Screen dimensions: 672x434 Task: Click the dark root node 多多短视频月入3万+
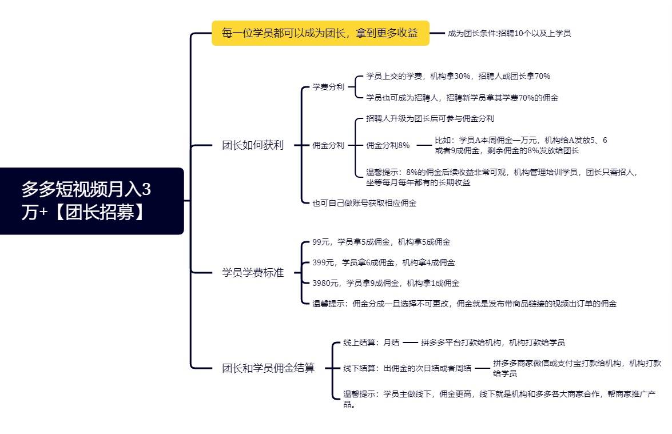pos(92,201)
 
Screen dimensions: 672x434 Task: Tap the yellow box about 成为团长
pos(321,33)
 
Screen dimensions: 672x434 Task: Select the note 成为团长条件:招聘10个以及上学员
pos(509,33)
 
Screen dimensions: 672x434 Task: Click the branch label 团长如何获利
pos(253,145)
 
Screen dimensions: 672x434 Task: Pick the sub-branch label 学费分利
pos(328,87)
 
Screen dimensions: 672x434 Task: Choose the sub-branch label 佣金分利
pos(328,145)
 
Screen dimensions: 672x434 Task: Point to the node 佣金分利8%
pos(388,145)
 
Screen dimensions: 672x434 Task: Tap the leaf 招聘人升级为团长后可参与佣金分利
pos(430,118)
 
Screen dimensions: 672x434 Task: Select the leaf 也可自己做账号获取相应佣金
pos(364,203)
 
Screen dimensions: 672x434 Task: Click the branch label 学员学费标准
pos(253,273)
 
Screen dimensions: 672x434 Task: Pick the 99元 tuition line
pos(381,242)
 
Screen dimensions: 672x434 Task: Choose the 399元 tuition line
pos(384,262)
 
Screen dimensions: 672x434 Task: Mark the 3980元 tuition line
pos(385,283)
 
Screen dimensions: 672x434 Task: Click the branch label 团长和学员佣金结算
pos(268,368)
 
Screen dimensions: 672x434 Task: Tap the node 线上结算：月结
pos(371,343)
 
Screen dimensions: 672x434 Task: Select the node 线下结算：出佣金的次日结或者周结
pos(407,368)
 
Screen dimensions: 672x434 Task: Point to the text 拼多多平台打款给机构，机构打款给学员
pos(493,343)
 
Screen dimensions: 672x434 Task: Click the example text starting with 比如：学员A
pos(520,145)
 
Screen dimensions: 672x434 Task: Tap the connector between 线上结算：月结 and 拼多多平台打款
pos(410,343)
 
